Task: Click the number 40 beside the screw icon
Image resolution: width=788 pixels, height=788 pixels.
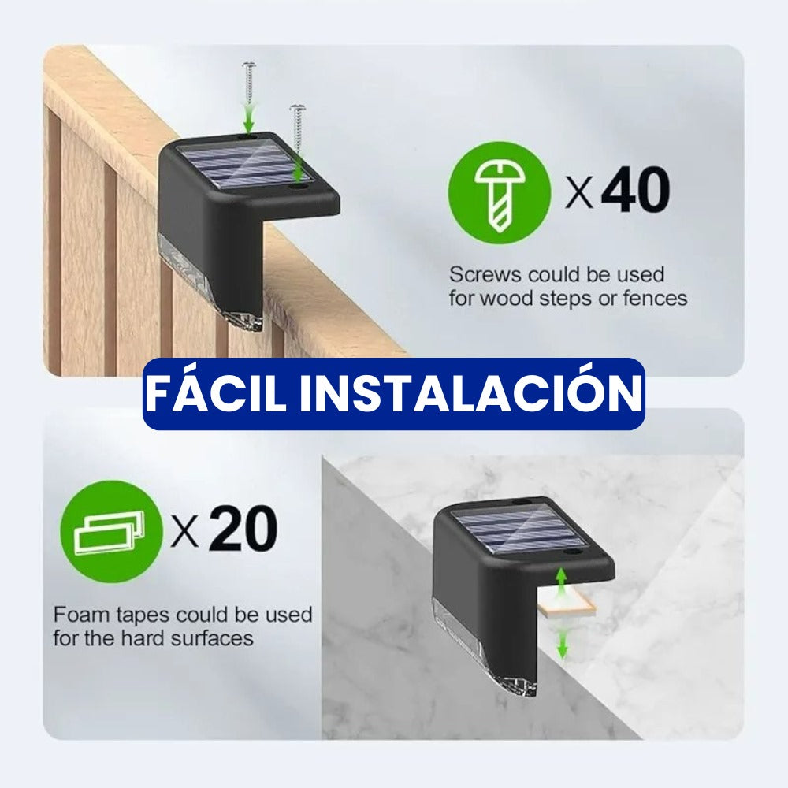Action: click(635, 191)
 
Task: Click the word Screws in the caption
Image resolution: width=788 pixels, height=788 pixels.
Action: click(485, 275)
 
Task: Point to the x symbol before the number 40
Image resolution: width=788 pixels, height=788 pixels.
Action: click(579, 193)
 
